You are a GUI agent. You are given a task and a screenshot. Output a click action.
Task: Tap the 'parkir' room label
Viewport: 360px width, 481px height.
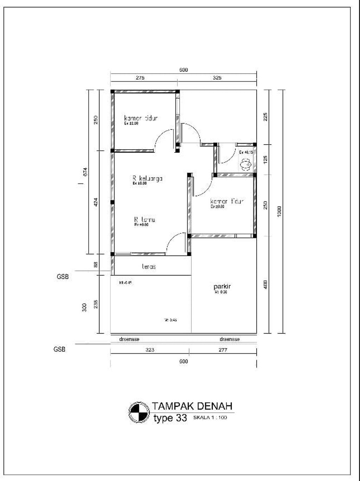tap(222, 286)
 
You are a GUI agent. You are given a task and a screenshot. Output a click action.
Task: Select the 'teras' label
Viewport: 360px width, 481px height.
tap(149, 267)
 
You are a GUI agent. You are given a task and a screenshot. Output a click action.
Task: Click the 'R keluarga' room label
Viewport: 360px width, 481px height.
tap(147, 178)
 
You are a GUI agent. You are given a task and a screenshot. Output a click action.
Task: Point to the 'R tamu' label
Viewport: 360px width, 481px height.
tap(144, 220)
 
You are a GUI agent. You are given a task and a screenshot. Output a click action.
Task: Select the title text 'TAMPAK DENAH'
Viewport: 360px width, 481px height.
tap(192, 406)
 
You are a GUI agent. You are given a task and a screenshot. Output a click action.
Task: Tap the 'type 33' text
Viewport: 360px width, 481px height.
tap(170, 418)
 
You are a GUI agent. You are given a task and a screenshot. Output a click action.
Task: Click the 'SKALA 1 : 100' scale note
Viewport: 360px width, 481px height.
tap(210, 418)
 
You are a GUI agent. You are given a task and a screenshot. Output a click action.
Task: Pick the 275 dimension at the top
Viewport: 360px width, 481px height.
tap(140, 78)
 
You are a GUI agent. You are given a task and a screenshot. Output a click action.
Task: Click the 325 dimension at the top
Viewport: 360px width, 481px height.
tap(217, 78)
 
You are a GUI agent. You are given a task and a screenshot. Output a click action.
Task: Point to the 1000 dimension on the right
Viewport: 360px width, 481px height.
tap(279, 211)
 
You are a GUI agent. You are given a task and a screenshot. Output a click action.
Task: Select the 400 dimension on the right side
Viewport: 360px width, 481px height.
tap(265, 284)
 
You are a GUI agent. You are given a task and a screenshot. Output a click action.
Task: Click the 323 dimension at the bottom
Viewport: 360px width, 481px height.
tap(150, 350)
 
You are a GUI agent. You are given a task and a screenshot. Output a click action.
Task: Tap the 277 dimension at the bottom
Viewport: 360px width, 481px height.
tap(223, 350)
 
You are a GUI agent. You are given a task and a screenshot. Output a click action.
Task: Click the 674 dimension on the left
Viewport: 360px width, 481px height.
tap(85, 172)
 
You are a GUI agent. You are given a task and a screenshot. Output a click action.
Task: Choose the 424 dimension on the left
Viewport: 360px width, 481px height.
tap(96, 202)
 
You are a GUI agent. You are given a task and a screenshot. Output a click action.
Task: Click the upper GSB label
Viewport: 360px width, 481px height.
tap(63, 277)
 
